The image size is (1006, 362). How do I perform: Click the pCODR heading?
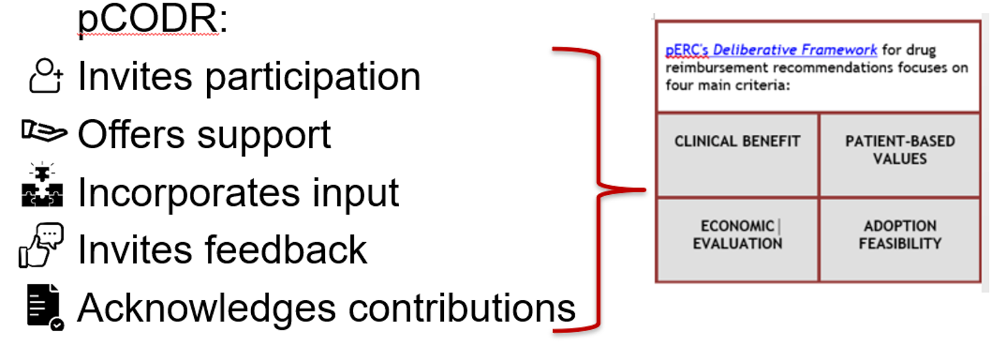click(152, 19)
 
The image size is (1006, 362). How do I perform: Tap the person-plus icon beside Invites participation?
click(46, 76)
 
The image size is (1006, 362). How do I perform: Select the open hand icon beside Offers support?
click(43, 131)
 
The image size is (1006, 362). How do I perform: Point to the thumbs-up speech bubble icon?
click(41, 246)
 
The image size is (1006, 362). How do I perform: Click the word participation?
click(312, 78)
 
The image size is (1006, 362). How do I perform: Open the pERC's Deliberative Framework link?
click(771, 50)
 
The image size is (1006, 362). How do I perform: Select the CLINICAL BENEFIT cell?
click(737, 155)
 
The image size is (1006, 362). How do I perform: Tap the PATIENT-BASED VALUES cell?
click(899, 155)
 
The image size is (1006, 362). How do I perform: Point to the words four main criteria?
click(727, 85)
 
